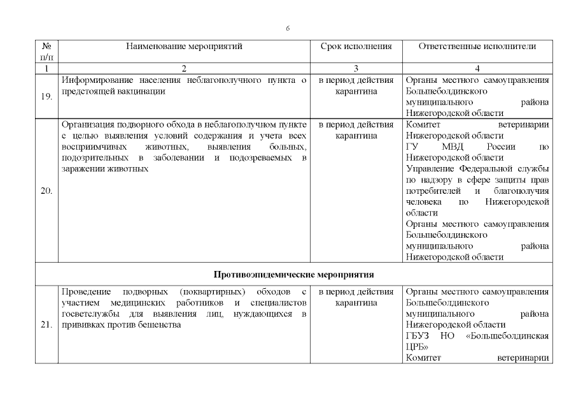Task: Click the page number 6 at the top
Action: point(288,29)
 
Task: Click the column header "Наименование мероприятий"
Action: point(184,47)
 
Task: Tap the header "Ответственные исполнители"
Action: point(477,47)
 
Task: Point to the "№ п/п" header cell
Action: point(46,52)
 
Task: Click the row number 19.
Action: point(46,97)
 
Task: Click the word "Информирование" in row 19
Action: point(97,80)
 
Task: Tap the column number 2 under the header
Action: point(184,68)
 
